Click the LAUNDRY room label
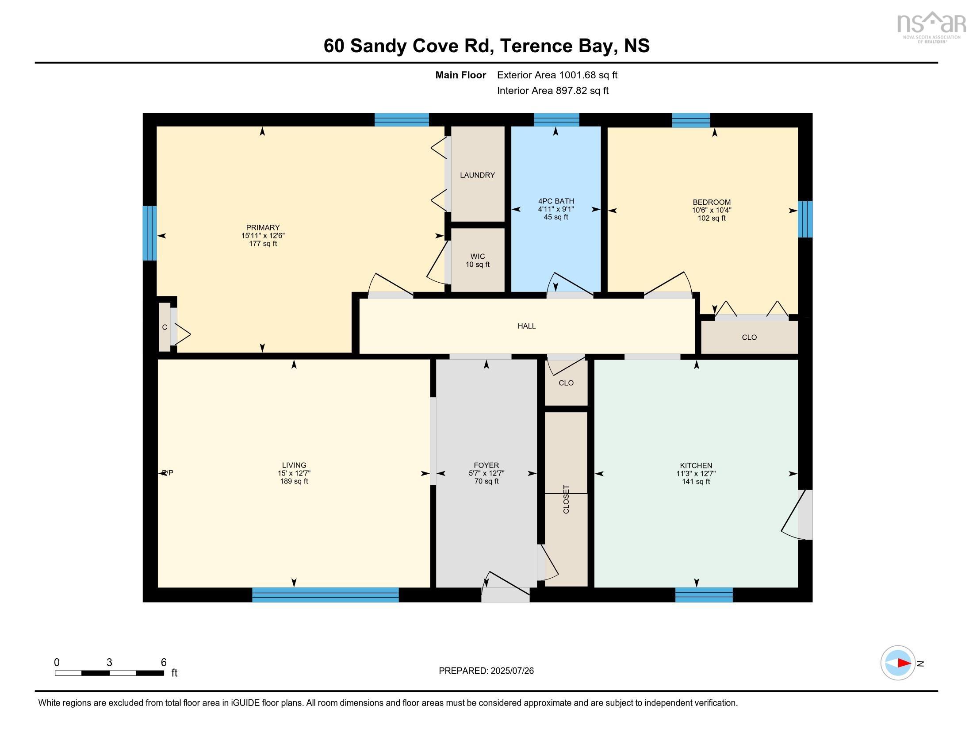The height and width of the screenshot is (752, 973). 477,175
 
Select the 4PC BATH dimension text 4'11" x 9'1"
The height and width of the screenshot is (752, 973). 555,209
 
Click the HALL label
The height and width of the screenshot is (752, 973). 526,326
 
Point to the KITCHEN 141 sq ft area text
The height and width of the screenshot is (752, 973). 695,482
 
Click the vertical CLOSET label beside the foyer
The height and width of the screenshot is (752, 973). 566,499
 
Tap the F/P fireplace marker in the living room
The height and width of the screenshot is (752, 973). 168,473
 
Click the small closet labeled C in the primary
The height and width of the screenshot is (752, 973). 165,327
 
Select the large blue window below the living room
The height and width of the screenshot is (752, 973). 325,595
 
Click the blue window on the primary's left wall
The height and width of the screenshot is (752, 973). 149,233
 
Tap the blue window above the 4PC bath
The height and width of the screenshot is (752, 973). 556,120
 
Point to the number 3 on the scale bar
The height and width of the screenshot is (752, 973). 109,663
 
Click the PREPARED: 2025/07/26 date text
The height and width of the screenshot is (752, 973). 486,671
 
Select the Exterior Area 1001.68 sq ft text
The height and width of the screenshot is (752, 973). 557,75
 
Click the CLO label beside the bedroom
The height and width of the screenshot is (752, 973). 749,337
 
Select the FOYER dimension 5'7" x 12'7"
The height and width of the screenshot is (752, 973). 486,474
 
